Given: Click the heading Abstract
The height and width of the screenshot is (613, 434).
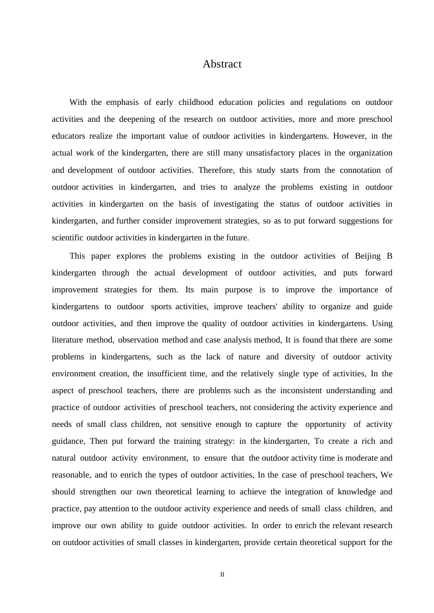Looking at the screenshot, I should click(x=222, y=64).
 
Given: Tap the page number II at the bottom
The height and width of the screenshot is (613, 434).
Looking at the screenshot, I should click(x=222, y=575).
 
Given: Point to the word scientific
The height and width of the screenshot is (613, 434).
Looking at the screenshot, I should click(x=68, y=238).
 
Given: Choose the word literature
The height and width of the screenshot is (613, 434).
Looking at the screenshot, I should click(x=67, y=340).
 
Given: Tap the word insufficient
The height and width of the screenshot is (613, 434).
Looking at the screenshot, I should click(x=167, y=374).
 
